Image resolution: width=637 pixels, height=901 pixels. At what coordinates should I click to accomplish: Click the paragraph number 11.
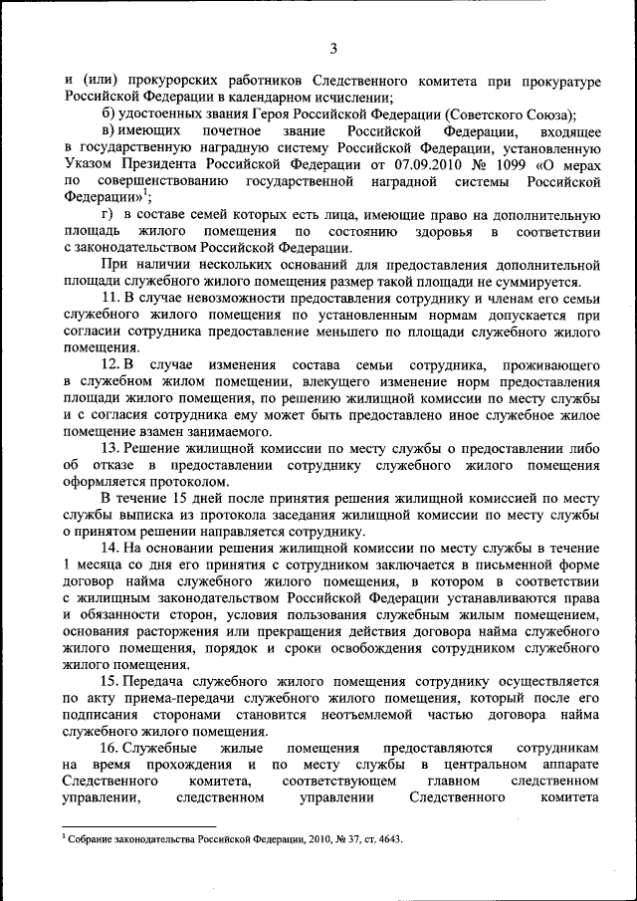click(111, 299)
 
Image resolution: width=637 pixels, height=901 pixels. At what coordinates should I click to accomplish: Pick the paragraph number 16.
click(111, 747)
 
